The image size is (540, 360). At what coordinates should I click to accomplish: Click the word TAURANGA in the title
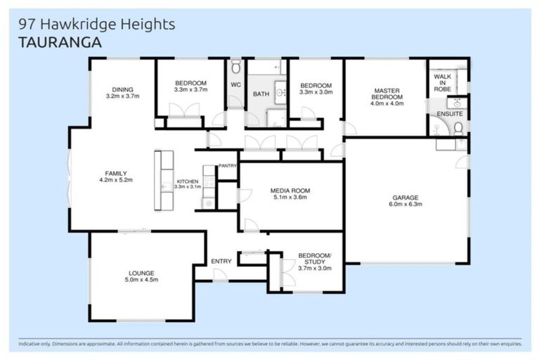[60, 42]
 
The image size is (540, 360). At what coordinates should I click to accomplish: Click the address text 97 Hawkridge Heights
[96, 25]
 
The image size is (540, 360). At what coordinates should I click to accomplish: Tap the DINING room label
[122, 89]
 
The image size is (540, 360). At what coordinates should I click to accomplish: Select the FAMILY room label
[115, 173]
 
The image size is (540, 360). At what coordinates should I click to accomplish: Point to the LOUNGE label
[141, 273]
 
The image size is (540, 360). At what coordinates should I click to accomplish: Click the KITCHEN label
[187, 181]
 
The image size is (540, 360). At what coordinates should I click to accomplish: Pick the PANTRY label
[227, 166]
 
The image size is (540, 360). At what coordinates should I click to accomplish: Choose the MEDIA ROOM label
[290, 191]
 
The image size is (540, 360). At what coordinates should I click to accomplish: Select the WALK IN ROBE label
[442, 83]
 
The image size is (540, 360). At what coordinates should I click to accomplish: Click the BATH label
[260, 94]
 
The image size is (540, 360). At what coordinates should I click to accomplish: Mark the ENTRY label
[221, 262]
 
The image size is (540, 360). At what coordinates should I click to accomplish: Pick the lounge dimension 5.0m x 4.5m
[141, 280]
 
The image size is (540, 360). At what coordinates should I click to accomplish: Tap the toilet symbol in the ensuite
[458, 127]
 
